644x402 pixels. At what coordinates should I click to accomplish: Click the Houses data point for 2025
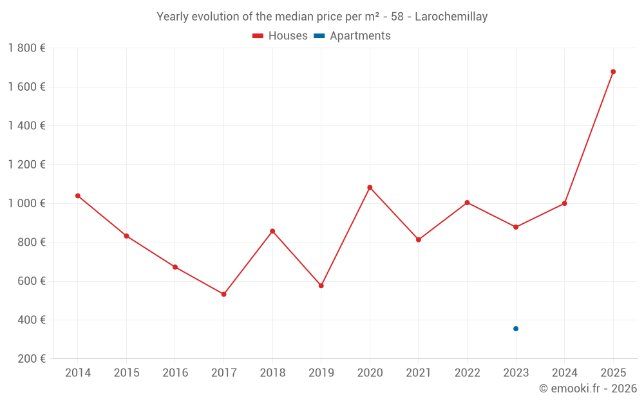pyautogui.click(x=613, y=71)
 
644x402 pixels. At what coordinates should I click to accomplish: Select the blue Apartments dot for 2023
pyautogui.click(x=516, y=329)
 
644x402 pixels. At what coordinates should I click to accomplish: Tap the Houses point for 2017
pyautogui.click(x=223, y=294)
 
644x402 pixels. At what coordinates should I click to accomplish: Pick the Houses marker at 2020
pyautogui.click(x=370, y=187)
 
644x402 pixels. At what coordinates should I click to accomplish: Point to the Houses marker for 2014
pyautogui.click(x=78, y=196)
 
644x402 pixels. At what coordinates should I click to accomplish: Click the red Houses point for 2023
pyautogui.click(x=516, y=227)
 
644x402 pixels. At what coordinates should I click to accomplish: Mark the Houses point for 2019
pyautogui.click(x=321, y=286)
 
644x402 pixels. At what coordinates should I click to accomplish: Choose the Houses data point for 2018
pyautogui.click(x=272, y=231)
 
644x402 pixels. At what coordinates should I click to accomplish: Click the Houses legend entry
pyautogui.click(x=280, y=36)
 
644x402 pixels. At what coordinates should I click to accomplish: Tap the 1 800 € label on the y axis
pyautogui.click(x=26, y=48)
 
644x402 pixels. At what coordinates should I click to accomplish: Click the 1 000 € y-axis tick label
pyautogui.click(x=26, y=203)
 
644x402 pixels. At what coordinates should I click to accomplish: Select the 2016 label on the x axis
pyautogui.click(x=175, y=373)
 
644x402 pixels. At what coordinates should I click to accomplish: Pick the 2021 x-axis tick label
pyautogui.click(x=419, y=373)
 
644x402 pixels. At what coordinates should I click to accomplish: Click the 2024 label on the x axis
pyautogui.click(x=565, y=373)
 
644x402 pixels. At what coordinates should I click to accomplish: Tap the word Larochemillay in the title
pyautogui.click(x=451, y=17)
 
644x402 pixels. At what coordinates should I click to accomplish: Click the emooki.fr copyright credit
pyautogui.click(x=588, y=388)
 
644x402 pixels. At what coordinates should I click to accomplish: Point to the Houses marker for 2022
pyautogui.click(x=467, y=203)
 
